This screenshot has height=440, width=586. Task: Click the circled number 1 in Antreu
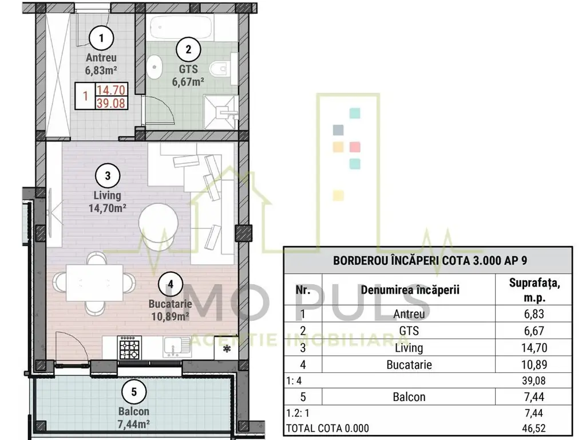101,38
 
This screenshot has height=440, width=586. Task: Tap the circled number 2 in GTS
188,49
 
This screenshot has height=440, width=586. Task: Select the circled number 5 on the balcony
134,392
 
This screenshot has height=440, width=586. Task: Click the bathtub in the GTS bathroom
181,26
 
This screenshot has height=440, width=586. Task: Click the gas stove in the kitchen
130,348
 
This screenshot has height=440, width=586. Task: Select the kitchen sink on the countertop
176,347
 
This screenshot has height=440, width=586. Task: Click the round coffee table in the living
159,223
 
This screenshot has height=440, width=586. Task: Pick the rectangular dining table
94,282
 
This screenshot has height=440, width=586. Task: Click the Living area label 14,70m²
107,208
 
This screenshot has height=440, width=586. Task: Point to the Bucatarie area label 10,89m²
170,316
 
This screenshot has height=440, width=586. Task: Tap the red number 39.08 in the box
110,103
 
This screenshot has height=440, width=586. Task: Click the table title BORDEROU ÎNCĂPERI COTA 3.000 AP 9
430,261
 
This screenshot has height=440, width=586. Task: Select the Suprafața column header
534,289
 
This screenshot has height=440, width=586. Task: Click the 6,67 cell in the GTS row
534,331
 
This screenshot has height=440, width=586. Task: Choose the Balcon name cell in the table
409,396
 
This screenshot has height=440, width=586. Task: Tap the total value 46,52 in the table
534,427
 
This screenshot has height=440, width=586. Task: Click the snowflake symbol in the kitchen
227,349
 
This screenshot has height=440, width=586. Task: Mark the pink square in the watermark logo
355,147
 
